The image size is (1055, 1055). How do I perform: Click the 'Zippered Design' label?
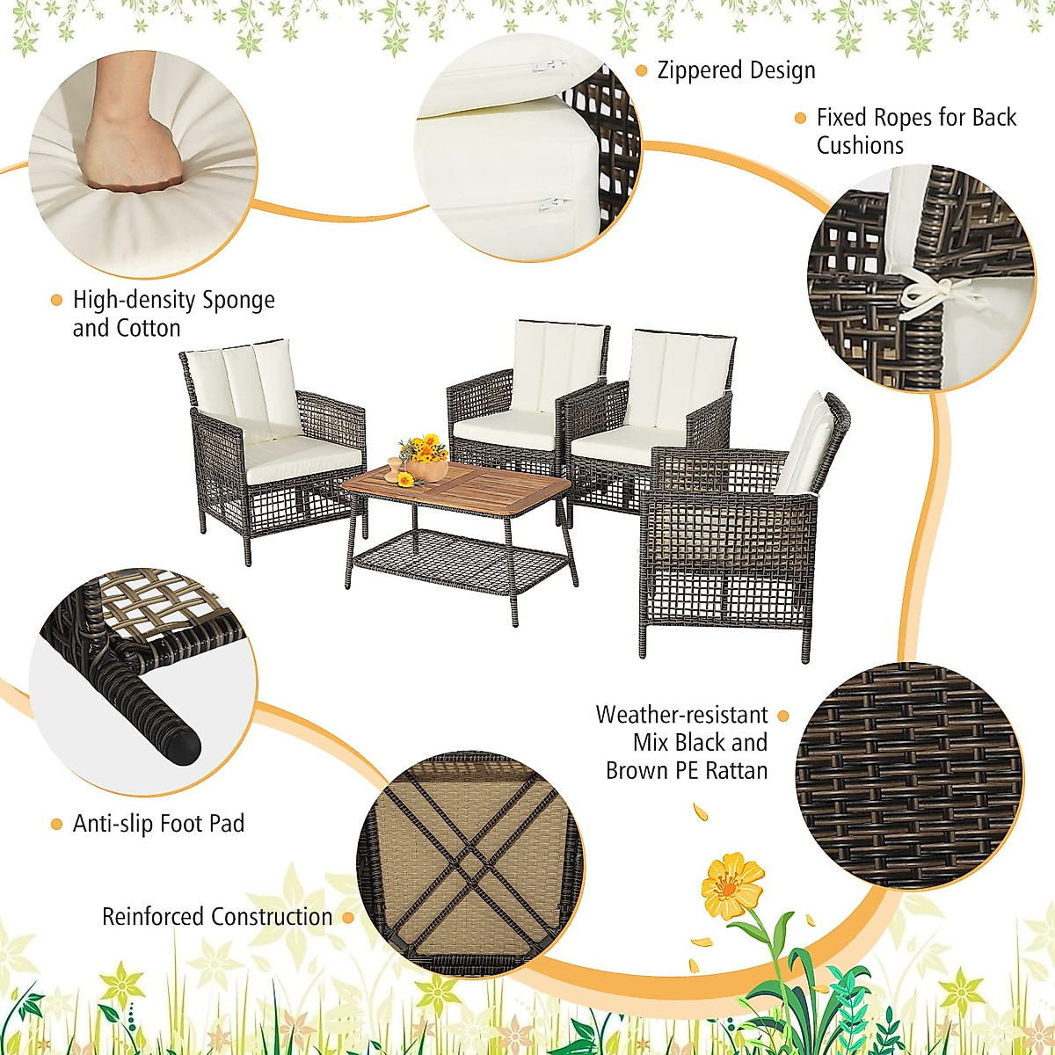736,70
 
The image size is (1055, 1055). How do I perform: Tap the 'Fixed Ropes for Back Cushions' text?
915,131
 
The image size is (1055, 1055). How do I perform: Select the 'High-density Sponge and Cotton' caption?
173,314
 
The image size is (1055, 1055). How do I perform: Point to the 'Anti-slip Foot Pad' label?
158,824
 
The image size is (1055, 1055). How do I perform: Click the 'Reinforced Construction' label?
217,917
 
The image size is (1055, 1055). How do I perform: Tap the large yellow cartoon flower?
732,884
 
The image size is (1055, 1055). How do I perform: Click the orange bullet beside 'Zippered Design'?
641,70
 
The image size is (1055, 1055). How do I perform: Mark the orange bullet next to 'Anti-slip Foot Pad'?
57,825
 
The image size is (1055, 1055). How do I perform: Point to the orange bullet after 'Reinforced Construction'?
348,918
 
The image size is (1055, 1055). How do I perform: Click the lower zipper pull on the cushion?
554,204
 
